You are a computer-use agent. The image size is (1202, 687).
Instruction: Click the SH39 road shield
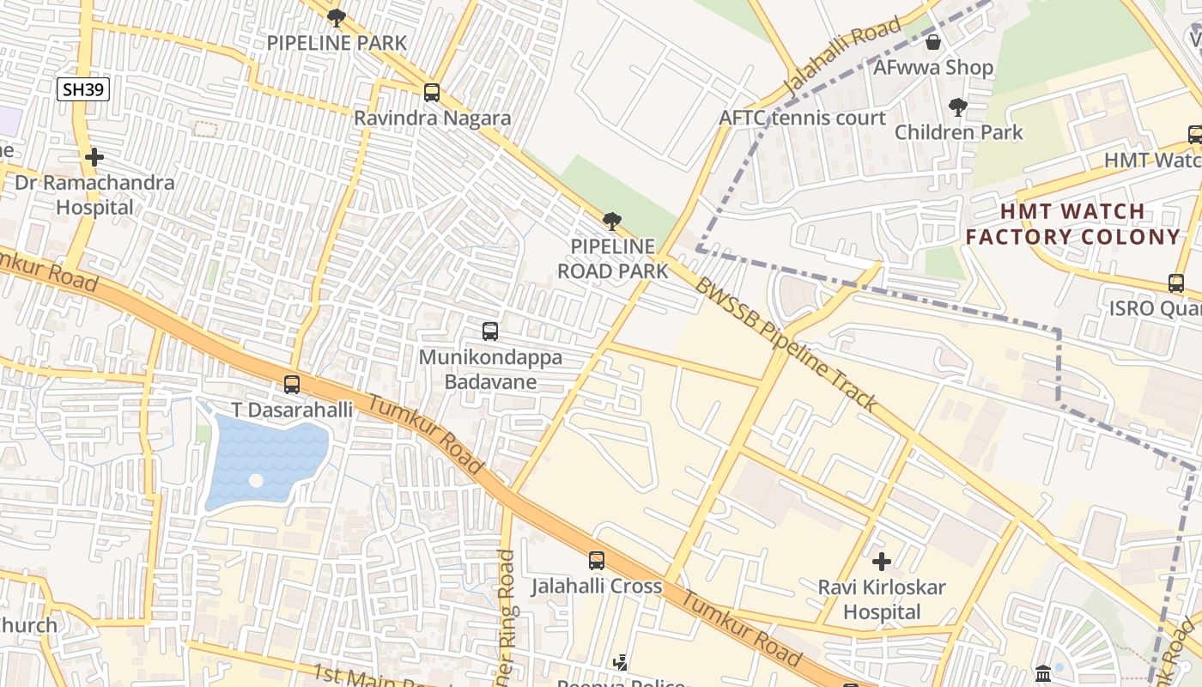point(83,88)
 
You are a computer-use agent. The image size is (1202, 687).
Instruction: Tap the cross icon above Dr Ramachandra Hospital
point(94,157)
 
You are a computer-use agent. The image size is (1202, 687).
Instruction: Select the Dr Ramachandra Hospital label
point(94,195)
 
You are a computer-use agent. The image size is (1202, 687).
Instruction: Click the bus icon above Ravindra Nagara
point(432,92)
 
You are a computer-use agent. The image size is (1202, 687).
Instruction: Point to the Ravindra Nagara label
point(432,119)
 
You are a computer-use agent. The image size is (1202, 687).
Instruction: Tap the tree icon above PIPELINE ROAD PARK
point(611,222)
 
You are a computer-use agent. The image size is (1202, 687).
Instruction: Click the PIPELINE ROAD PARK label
point(612,258)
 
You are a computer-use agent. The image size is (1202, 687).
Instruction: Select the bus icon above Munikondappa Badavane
point(490,331)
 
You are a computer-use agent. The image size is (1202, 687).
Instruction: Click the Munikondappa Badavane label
point(490,369)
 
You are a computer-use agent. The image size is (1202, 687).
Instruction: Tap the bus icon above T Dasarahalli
point(292,384)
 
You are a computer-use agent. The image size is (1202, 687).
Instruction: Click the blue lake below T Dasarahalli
point(266,459)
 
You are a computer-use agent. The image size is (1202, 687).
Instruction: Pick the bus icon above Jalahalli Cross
point(597,561)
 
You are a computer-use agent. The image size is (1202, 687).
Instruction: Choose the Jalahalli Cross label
point(597,587)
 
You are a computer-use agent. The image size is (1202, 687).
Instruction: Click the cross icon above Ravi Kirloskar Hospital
point(882,562)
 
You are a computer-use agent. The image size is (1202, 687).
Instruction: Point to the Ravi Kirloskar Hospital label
point(882,599)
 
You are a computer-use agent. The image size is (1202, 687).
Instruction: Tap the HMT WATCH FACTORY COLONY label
point(1072,224)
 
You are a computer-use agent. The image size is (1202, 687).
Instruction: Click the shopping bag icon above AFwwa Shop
point(933,41)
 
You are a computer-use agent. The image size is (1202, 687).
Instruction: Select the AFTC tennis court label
point(802,118)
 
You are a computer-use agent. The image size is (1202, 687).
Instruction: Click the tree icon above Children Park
point(958,106)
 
